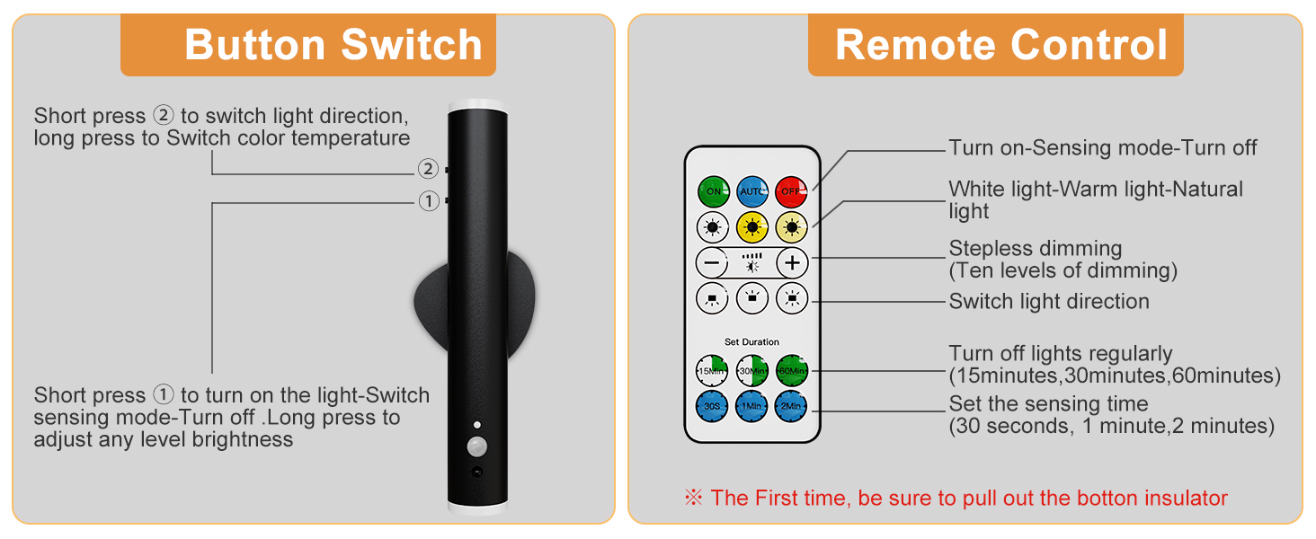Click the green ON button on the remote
tap(713, 191)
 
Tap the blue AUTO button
tap(752, 191)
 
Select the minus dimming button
tap(713, 263)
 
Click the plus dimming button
tap(792, 263)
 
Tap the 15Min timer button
tap(713, 370)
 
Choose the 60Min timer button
tap(792, 370)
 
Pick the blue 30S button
tap(713, 406)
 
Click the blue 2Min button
tap(792, 406)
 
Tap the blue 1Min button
tap(752, 406)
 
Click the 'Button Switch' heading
tap(333, 45)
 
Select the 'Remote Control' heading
tap(1001, 45)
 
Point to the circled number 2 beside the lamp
tap(428, 169)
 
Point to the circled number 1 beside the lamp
tap(428, 201)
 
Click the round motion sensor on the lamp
tap(476, 445)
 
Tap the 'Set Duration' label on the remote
tap(752, 342)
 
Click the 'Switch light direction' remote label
tap(1049, 301)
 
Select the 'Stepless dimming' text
tap(1036, 248)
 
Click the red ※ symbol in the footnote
tap(693, 498)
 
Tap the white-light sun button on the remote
tap(713, 226)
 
